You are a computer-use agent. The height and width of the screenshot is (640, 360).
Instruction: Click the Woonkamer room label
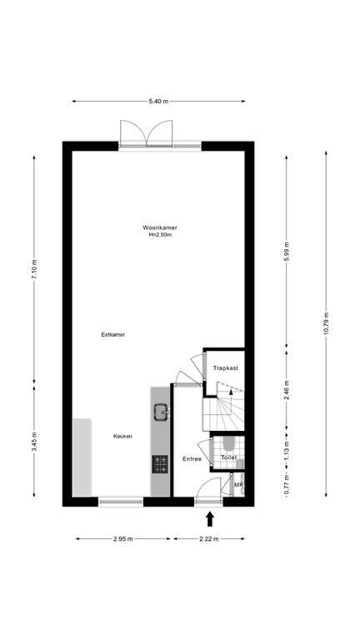coord(159,227)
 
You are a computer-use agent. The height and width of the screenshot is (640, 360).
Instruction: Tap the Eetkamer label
coord(112,334)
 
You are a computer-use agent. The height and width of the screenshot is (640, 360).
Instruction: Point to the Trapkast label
coord(226,367)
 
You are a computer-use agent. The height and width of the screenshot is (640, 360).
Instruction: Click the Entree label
coord(192,458)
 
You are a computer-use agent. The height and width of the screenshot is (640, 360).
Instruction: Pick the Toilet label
coord(228,457)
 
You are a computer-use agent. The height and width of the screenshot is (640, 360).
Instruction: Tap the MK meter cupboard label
coord(237,485)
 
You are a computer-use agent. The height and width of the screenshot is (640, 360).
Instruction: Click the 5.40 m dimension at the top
coord(158,101)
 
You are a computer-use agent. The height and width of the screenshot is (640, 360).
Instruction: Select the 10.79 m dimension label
coord(327,323)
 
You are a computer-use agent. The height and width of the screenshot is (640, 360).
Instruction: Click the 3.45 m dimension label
coord(34,440)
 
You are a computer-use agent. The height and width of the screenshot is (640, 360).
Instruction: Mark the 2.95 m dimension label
coord(122,539)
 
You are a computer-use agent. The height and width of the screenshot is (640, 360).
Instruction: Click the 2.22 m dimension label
coord(208,539)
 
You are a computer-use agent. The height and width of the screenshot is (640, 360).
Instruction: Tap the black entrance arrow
coord(209,519)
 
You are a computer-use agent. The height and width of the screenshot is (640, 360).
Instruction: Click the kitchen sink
coord(160,410)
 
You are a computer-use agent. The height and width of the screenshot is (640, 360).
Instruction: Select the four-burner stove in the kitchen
coord(160,462)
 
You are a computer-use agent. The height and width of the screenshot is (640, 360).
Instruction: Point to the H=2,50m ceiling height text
coord(159,235)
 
